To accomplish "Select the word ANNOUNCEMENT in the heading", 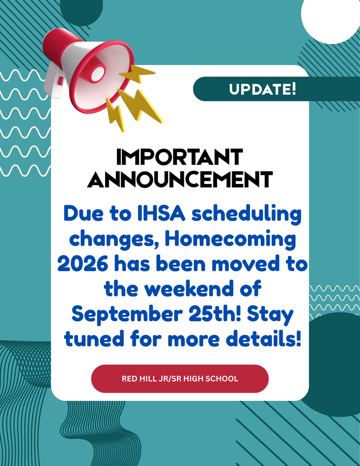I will [x=180, y=180].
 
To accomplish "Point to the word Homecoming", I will [x=230, y=239].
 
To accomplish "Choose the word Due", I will [x=81, y=213].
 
